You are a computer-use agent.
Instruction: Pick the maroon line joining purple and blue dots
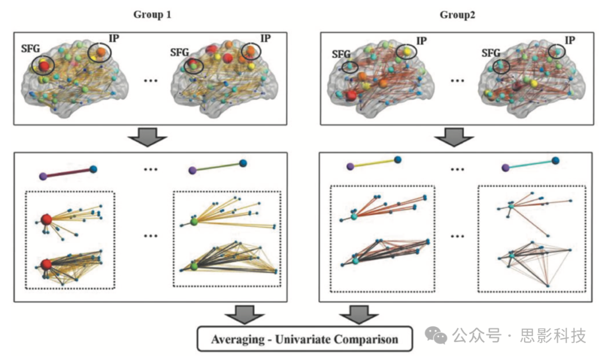(x=68, y=172)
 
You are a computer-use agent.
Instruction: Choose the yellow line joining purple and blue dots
(x=374, y=163)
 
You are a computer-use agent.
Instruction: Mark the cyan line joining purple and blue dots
(x=530, y=164)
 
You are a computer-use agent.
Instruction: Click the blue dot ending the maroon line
(x=93, y=169)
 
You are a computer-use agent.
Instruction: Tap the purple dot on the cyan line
(x=505, y=167)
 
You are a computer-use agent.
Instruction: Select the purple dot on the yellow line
(x=350, y=166)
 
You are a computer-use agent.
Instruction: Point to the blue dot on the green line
(x=243, y=163)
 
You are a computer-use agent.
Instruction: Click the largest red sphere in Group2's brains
(x=352, y=95)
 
